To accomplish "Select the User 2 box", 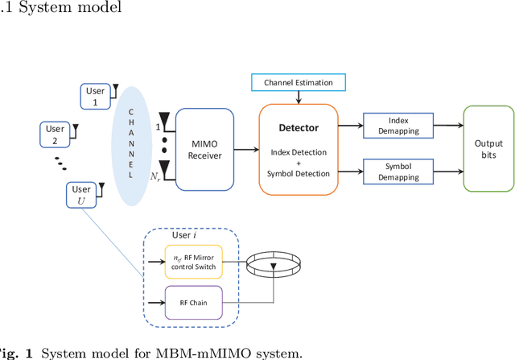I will tap(55, 134).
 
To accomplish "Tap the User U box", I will tap(81, 194).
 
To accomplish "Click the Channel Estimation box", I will tap(299, 82).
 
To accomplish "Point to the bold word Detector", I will tap(299, 127).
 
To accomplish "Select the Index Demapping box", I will tap(399, 125).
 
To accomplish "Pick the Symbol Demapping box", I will tap(399, 170).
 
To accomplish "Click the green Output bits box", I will tap(488, 147).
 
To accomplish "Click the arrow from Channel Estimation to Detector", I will tap(299, 97).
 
